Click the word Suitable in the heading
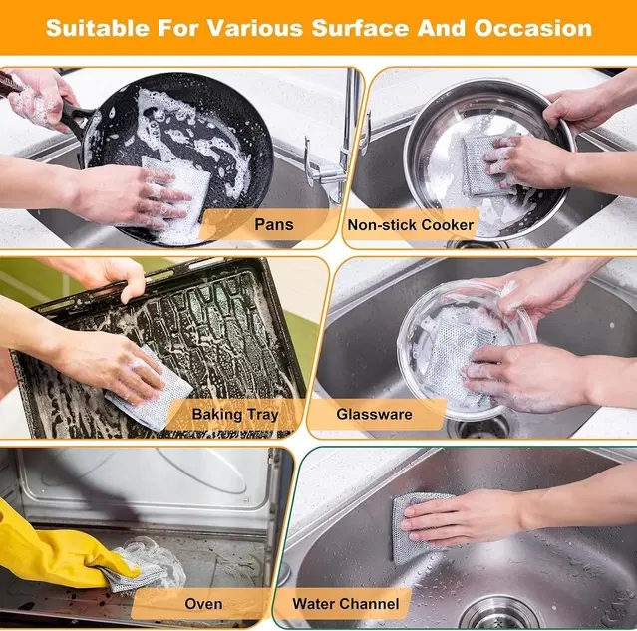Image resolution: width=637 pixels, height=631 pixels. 97,27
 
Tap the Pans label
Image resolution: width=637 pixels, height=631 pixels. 273,224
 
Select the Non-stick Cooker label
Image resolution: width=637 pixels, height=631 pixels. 410,225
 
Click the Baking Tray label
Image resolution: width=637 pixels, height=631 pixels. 235,414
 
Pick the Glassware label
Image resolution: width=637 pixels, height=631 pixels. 374,414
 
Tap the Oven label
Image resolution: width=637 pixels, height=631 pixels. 203,603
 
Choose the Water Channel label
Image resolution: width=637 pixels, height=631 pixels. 345,603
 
